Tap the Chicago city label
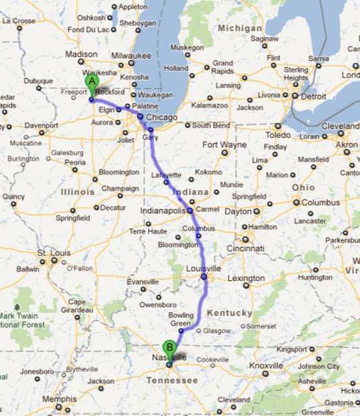pyautogui.click(x=158, y=116)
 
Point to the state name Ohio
pyautogui.click(x=303, y=187)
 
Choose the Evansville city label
pyautogui.click(x=142, y=281)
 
